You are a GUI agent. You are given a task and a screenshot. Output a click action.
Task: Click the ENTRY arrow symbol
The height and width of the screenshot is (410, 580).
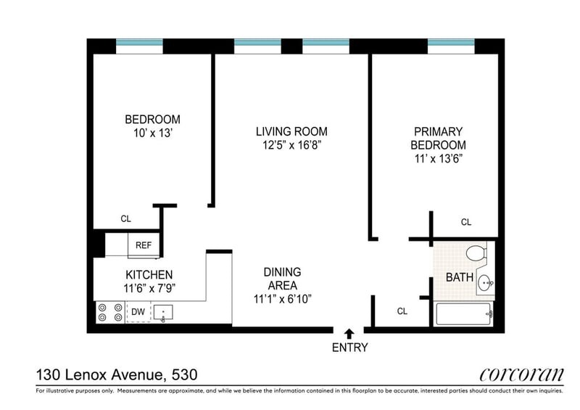(x=349, y=334)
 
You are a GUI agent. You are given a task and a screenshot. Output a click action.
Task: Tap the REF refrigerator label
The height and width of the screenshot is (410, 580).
(x=144, y=245)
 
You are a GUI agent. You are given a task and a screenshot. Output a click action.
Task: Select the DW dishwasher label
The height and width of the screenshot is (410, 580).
(x=138, y=312)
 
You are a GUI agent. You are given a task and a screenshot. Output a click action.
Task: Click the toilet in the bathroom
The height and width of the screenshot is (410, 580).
(x=476, y=253)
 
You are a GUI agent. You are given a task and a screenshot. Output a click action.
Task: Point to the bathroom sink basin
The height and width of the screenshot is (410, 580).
(x=485, y=284)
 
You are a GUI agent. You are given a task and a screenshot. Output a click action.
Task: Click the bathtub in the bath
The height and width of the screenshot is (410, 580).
(x=465, y=314)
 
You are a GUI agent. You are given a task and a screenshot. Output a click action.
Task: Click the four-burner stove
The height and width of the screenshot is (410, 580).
(x=110, y=312)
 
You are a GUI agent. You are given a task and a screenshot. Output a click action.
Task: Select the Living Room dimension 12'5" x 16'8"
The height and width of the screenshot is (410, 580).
(x=291, y=145)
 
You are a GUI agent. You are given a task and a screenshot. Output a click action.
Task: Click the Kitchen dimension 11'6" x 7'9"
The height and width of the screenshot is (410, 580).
(x=149, y=288)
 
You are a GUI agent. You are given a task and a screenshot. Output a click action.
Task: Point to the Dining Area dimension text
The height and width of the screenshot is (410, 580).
(x=283, y=299)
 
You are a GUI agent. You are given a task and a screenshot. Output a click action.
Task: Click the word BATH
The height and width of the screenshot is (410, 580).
(x=460, y=277)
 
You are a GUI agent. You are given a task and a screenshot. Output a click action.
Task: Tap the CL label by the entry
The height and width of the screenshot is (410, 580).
(x=402, y=311)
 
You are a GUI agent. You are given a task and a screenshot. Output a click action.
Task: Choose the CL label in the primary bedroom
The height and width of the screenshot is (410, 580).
(x=466, y=222)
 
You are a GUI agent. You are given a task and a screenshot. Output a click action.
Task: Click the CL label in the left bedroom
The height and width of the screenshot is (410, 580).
(x=125, y=219)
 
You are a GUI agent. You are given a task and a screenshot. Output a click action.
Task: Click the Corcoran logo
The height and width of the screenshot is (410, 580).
(x=521, y=375)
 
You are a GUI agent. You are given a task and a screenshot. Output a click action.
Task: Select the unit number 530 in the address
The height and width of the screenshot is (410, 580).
(x=184, y=375)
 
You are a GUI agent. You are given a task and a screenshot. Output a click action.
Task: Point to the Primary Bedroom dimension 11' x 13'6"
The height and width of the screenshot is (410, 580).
(x=439, y=159)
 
